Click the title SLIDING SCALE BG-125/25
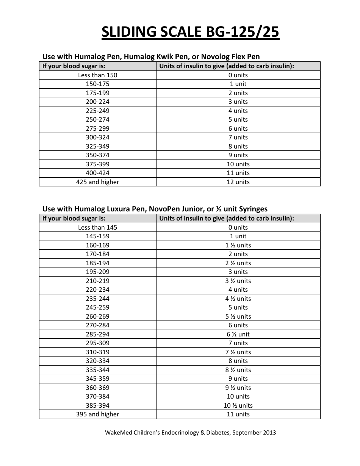point(190,33)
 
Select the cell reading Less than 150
point(98,75)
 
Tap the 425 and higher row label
point(98,182)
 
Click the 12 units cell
point(238,182)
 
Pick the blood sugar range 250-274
point(98,119)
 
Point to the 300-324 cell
point(98,137)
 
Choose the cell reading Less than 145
point(98,227)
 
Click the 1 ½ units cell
point(238,245)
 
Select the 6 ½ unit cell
point(238,334)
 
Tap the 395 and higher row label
point(98,414)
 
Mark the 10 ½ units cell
point(238,405)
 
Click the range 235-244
point(98,299)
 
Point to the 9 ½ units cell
point(238,388)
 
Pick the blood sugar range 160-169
point(98,245)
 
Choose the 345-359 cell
point(98,378)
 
